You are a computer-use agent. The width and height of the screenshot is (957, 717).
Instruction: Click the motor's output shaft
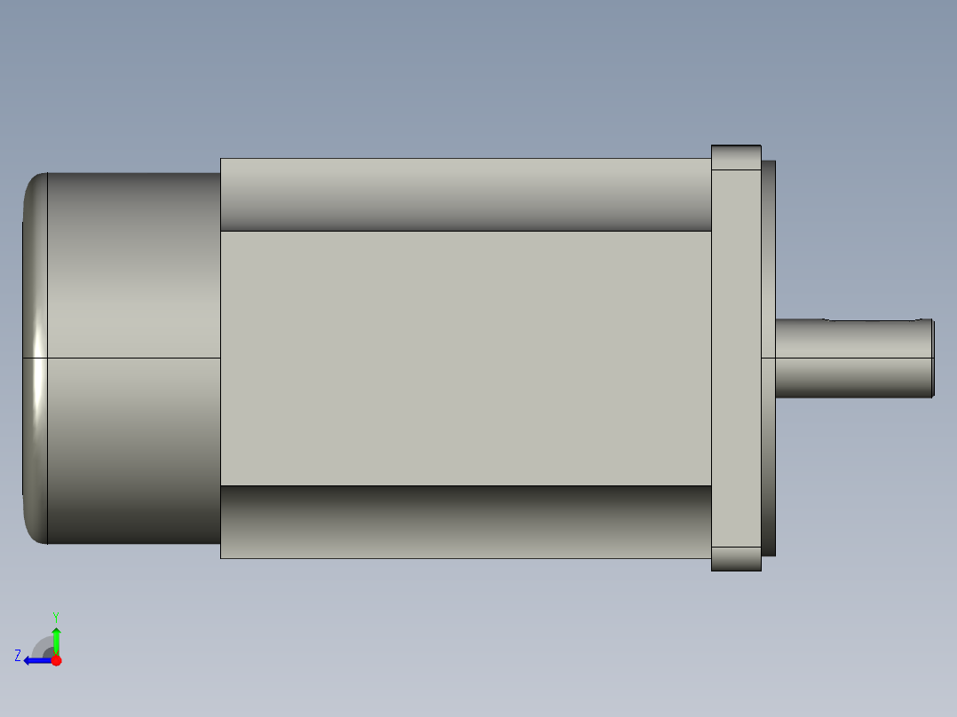pyautogui.click(x=854, y=358)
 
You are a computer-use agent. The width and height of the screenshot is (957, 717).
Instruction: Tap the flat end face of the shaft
pyautogui.click(x=933, y=358)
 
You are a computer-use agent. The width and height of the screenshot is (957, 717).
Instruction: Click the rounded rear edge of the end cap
pyautogui.click(x=35, y=358)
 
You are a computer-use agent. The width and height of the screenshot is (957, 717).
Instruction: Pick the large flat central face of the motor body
pyautogui.click(x=466, y=358)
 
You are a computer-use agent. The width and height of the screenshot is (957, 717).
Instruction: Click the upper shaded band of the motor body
pyautogui.click(x=466, y=194)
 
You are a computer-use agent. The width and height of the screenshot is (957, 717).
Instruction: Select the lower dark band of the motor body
pyautogui.click(x=466, y=522)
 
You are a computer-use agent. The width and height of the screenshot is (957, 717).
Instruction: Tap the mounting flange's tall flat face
pyautogui.click(x=736, y=358)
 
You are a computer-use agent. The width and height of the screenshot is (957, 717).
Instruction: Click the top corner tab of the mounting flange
pyautogui.click(x=736, y=157)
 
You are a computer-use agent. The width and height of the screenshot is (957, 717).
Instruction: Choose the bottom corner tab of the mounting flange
pyautogui.click(x=736, y=559)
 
